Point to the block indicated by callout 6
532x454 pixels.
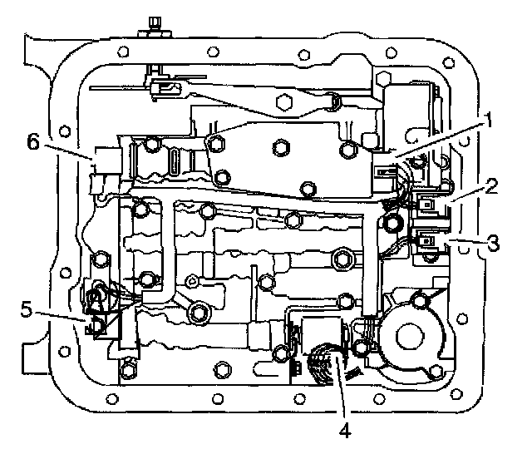click(106, 162)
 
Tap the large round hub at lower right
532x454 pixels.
click(414, 335)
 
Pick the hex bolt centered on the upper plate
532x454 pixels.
click(280, 149)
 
